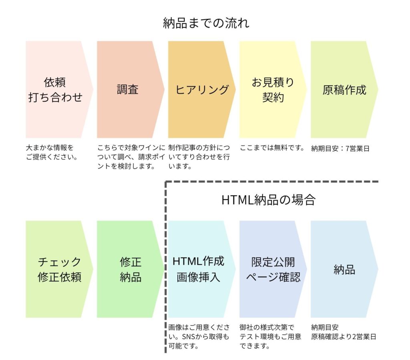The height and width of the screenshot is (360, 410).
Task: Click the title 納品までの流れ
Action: tap(206, 23)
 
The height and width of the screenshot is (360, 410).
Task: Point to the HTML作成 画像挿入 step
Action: tap(199, 269)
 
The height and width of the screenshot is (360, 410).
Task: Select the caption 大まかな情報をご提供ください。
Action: tap(52, 152)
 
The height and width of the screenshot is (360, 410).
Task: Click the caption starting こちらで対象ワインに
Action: tap(131, 157)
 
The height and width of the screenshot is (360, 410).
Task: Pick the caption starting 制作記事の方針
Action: tap(199, 157)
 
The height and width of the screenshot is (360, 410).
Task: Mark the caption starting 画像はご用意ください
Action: tap(199, 337)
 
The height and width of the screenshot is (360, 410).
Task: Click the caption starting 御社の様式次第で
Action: tap(270, 337)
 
